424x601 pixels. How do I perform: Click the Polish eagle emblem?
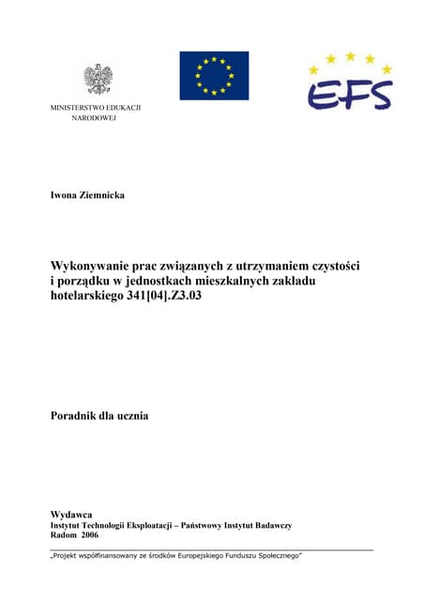click(98, 79)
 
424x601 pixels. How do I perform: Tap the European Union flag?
click(214, 75)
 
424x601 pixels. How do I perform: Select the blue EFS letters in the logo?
click(349, 93)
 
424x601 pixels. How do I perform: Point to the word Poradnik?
click(78, 413)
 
